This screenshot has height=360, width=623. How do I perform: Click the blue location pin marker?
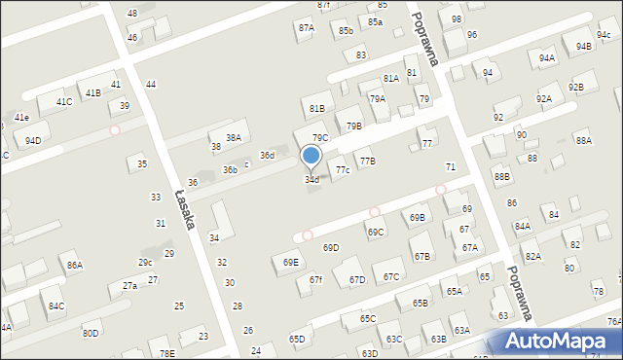(311, 156)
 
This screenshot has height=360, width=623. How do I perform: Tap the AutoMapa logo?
(558, 341)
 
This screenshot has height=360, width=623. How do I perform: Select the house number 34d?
(311, 180)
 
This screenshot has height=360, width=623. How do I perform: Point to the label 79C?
(319, 138)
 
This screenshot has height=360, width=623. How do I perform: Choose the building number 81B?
(316, 108)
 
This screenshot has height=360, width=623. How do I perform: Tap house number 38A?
(234, 138)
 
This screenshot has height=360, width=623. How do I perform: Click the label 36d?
(267, 156)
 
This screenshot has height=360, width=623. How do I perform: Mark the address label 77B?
(367, 161)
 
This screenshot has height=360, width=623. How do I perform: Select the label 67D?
(357, 280)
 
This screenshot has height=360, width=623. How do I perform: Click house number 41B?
(92, 93)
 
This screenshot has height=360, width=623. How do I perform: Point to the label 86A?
(74, 266)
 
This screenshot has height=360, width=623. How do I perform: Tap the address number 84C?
(56, 306)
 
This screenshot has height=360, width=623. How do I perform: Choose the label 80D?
(90, 334)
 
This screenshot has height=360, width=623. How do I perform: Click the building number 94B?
(583, 46)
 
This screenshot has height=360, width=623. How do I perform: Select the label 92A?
(544, 99)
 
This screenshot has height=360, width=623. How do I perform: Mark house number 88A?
(583, 141)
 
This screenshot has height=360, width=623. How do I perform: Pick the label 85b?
(346, 31)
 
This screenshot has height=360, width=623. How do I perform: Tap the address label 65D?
(297, 339)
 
